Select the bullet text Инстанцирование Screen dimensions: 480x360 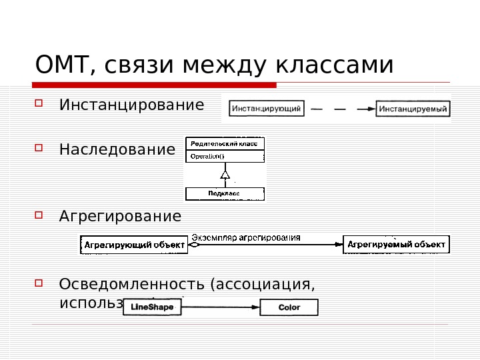(x=131, y=105)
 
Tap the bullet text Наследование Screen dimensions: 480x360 (x=117, y=149)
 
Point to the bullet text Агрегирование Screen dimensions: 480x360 (x=120, y=217)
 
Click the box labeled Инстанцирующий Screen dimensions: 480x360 (x=267, y=107)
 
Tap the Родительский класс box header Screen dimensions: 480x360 (x=225, y=143)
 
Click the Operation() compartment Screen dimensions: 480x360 (x=225, y=156)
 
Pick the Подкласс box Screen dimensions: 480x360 (x=225, y=193)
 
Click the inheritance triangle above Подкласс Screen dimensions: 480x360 (x=225, y=175)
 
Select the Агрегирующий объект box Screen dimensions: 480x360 (x=135, y=245)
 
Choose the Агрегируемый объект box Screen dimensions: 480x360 (x=396, y=245)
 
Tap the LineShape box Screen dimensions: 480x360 (x=153, y=307)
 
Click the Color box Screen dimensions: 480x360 (x=289, y=307)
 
